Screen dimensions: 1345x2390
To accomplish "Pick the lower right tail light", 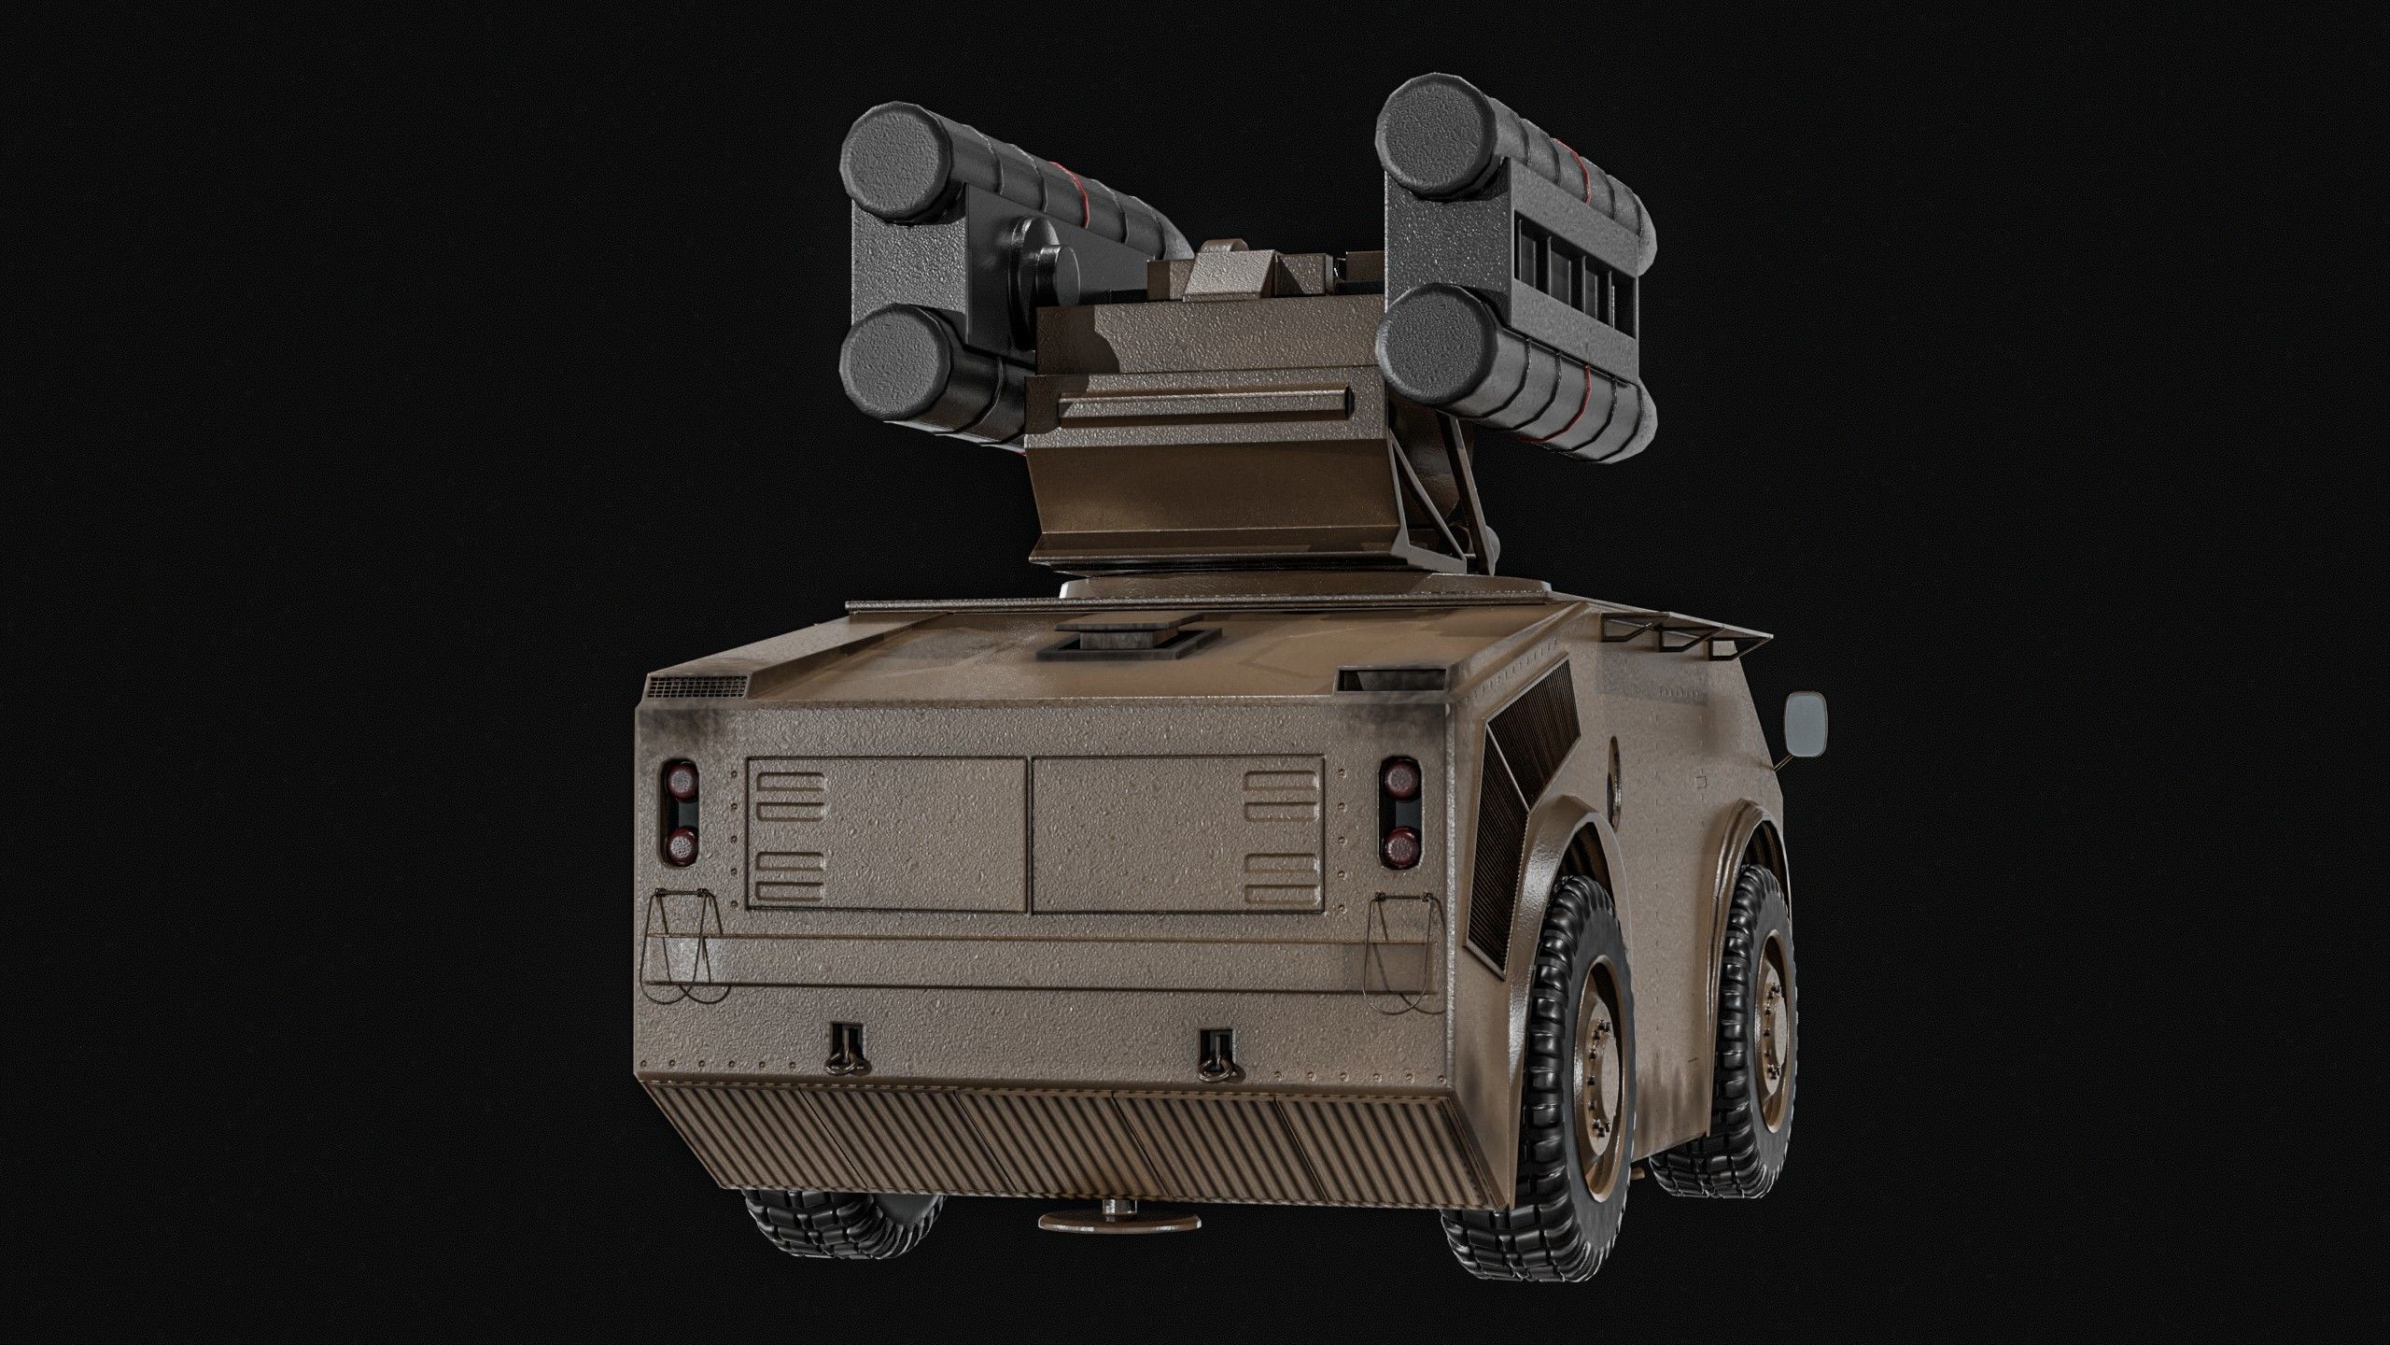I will [1399, 846].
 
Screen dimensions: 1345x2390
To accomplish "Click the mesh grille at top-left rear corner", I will [696, 687].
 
